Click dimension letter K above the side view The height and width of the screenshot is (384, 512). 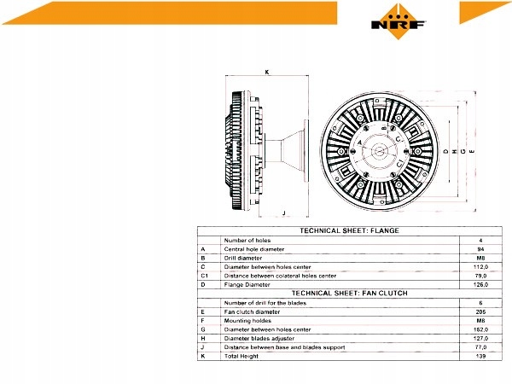[267, 73]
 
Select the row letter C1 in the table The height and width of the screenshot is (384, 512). [204, 276]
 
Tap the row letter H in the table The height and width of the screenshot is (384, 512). [202, 338]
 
